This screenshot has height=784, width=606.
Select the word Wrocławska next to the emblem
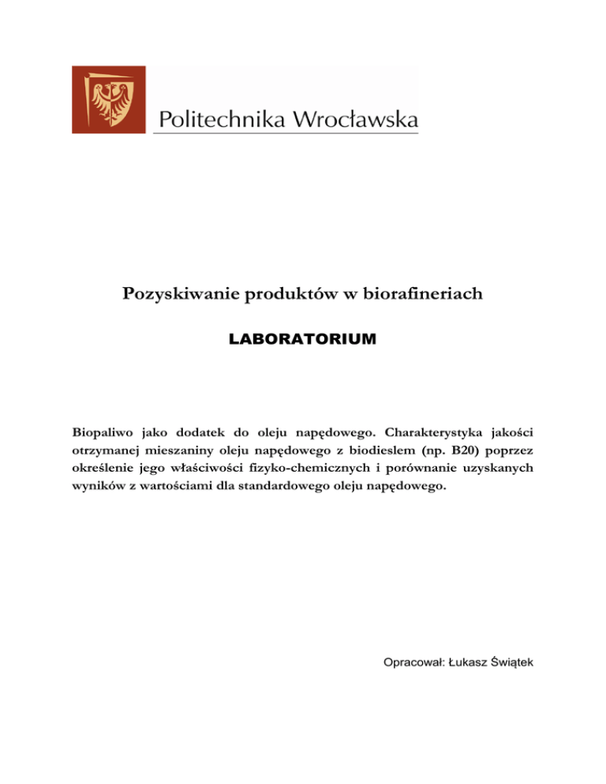355,120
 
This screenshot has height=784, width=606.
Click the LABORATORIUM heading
302,339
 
